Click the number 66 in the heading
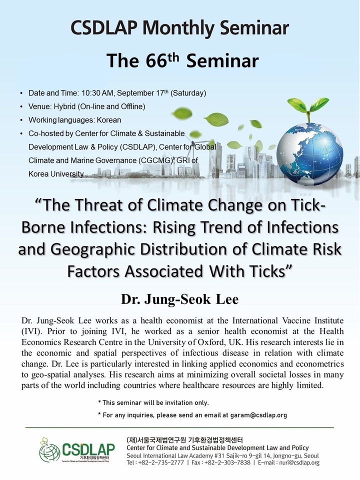[x=156, y=60]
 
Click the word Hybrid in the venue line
[x=64, y=106]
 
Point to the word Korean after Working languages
[x=109, y=120]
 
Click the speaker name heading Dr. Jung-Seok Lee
[x=179, y=299]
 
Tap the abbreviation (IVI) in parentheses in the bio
[x=29, y=331]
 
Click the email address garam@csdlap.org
[x=258, y=415]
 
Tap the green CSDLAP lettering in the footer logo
[x=88, y=449]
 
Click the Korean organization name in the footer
[x=184, y=440]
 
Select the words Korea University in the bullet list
[x=56, y=174]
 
